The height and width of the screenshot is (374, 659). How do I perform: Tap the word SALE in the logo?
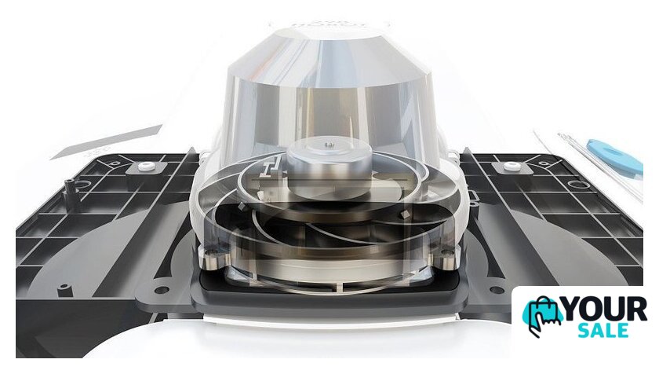(x=603, y=331)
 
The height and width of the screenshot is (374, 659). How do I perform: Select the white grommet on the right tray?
(x=510, y=166)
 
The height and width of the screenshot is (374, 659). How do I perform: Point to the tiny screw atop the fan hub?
(x=329, y=145)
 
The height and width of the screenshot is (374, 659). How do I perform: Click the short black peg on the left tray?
(x=64, y=290)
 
